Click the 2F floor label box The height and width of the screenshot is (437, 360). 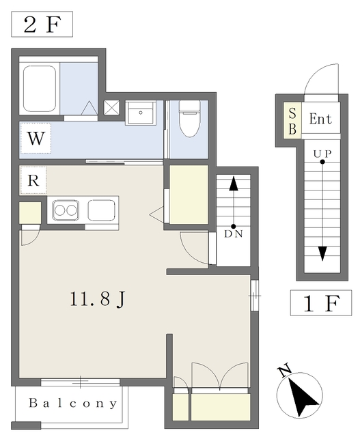[x=42, y=25]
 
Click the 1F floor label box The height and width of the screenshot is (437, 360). [x=321, y=302]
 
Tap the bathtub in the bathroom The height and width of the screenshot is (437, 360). [x=40, y=89]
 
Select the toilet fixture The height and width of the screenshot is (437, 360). [x=190, y=118]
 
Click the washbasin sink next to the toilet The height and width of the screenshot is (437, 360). [x=141, y=113]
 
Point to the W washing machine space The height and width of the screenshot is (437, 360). [x=36, y=138]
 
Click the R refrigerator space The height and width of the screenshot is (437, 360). [x=33, y=180]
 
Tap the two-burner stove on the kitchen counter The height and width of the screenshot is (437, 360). [x=66, y=210]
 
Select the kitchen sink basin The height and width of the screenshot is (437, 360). [x=101, y=210]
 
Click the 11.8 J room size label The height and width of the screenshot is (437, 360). [x=98, y=299]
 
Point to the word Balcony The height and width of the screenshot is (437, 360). [x=73, y=404]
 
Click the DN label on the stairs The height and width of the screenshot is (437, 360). [x=234, y=234]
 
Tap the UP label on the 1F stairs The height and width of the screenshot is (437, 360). [x=322, y=154]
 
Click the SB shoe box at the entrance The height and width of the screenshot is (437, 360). [x=292, y=120]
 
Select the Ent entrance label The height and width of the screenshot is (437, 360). [x=320, y=119]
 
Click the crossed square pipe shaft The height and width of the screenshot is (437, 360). [x=111, y=108]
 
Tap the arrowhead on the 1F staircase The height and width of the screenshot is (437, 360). [x=322, y=253]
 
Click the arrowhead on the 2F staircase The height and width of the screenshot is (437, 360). [x=234, y=184]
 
